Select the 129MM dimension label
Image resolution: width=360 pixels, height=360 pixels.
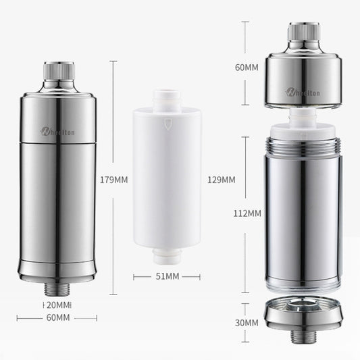[x=222, y=180]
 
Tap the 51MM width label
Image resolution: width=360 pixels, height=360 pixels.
[x=167, y=276]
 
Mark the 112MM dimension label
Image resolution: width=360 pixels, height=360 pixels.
[x=247, y=213]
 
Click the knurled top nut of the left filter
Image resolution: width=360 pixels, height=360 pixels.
[x=59, y=71]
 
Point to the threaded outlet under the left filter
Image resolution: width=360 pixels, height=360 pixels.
[x=59, y=288]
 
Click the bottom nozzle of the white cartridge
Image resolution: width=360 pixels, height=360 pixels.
[x=166, y=256]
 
